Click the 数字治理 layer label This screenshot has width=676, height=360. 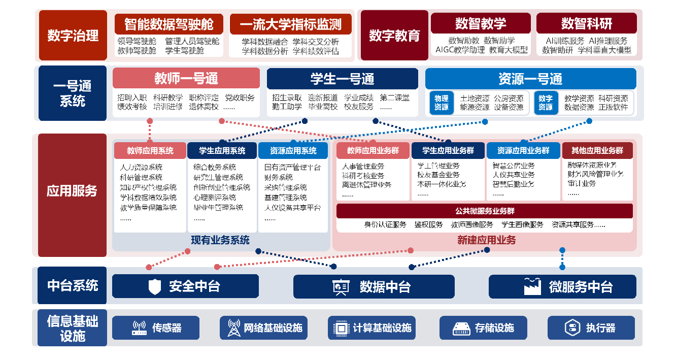(73, 36)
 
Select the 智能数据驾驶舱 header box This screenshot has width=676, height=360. (168, 24)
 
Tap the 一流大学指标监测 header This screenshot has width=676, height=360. (291, 24)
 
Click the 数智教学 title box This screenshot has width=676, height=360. (480, 23)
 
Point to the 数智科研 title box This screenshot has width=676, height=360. (586, 23)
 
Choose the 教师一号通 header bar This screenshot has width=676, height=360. (186, 79)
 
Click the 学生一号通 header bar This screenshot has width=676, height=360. (342, 79)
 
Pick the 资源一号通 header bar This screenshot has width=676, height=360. (530, 79)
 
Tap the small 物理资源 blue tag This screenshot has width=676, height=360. (441, 103)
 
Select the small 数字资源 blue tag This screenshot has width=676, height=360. (546, 103)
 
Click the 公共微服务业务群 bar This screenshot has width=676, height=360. (484, 211)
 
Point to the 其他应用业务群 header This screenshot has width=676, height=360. (597, 150)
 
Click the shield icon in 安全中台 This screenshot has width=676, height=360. (155, 287)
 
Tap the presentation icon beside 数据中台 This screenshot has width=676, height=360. (340, 287)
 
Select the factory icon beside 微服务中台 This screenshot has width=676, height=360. (532, 286)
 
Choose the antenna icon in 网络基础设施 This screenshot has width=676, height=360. (234, 328)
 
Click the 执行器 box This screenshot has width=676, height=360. (591, 328)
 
